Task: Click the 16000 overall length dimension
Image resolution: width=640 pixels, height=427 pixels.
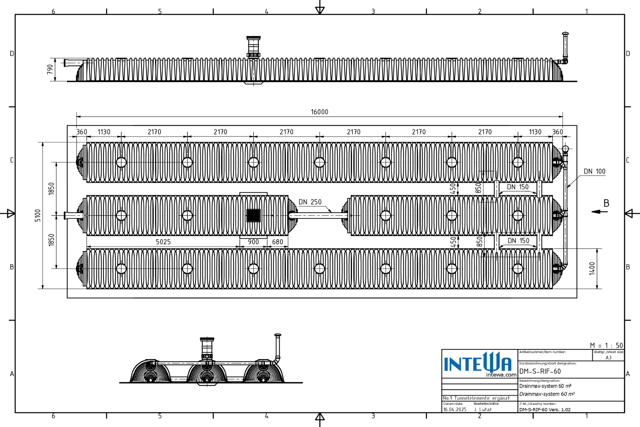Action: (319, 112)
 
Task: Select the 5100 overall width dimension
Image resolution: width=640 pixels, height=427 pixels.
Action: (38, 215)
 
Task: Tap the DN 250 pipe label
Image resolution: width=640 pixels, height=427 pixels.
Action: (310, 202)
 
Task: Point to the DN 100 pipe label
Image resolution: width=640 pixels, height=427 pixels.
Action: (594, 171)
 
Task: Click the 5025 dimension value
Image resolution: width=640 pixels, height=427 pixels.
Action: (163, 242)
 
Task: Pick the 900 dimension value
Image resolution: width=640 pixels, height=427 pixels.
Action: (253, 242)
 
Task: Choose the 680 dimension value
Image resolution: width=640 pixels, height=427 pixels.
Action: (277, 242)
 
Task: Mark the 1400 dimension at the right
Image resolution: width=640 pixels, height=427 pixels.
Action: (592, 268)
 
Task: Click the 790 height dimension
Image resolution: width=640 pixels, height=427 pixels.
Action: (50, 70)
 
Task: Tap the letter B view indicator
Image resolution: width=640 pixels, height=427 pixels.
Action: (606, 203)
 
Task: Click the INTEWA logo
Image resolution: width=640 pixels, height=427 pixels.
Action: (478, 363)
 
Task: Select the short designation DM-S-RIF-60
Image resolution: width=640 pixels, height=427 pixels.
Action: (540, 371)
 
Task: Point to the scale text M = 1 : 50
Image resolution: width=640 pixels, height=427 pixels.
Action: (606, 345)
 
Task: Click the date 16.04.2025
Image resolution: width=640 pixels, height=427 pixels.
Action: (455, 410)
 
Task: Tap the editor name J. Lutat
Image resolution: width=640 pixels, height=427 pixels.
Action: (483, 410)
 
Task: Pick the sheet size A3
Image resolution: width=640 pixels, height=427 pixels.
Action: (608, 357)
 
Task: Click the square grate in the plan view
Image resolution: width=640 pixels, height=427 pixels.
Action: (253, 215)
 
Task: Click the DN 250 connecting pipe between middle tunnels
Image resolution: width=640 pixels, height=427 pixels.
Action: (319, 215)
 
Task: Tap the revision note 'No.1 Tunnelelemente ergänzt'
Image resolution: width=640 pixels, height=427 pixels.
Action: (476, 398)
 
